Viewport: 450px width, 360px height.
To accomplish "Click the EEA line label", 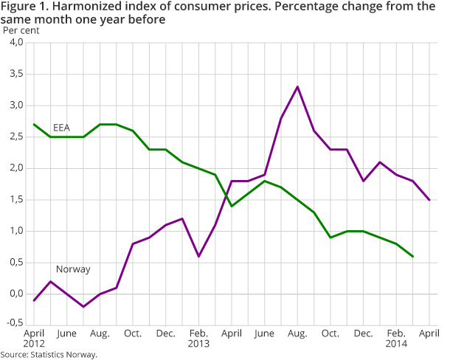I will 61,128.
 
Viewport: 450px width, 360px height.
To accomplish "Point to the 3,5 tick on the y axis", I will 16,75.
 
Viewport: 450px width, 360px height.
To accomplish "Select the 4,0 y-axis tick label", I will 16,43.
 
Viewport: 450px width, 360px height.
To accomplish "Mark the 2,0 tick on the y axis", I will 16,169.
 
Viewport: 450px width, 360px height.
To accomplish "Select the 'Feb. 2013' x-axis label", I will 198,339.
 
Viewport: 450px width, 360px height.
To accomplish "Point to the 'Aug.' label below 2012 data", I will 100,333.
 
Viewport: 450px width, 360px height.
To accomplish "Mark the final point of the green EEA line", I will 412,256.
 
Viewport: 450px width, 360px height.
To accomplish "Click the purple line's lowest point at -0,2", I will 84,306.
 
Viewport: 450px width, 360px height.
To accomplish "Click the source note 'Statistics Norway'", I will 49,355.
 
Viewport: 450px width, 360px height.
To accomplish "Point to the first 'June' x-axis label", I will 66,333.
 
